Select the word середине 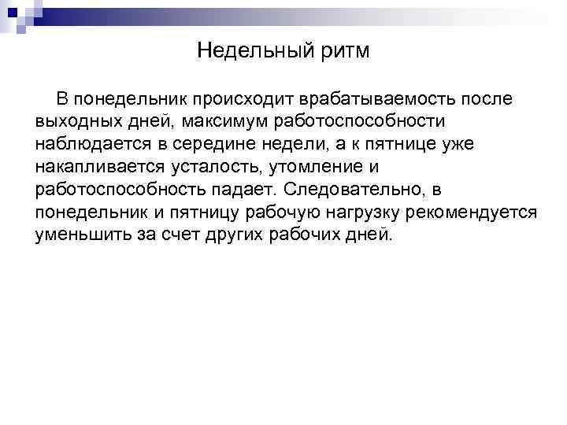(x=229, y=145)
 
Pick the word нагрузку (x=350, y=213)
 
